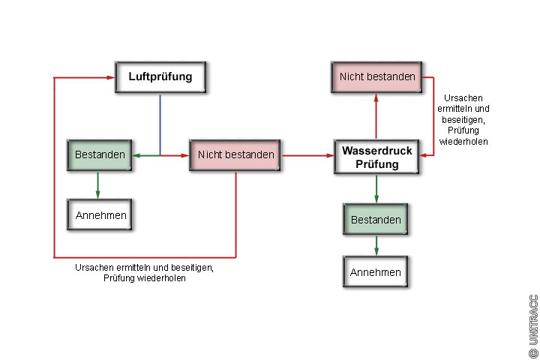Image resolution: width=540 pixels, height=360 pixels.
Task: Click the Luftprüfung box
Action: tap(160, 76)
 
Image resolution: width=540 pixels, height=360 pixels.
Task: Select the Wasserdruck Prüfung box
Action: tap(376, 156)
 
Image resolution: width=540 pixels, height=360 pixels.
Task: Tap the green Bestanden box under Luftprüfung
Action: tap(100, 155)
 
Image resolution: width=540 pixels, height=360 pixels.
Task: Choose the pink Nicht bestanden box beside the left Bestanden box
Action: tap(235, 155)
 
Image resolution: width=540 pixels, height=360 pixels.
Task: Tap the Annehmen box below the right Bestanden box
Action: tap(376, 272)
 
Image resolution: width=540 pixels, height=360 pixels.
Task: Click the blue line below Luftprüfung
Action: tap(160, 123)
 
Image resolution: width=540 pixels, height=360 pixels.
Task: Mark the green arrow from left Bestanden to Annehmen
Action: tap(97, 186)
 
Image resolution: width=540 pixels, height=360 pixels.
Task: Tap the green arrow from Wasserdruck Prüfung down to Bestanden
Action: tap(376, 189)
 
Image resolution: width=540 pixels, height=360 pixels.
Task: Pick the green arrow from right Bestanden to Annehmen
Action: tap(376, 245)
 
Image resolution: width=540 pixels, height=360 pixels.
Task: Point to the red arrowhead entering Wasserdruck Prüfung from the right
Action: tap(424, 154)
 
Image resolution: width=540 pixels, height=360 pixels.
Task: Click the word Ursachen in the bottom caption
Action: tap(93, 267)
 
